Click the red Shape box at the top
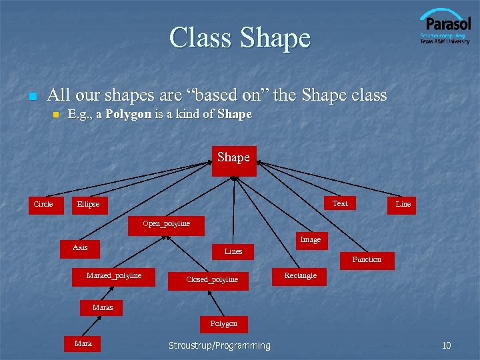(234, 160)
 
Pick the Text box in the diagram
(340, 204)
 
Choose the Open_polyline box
(167, 224)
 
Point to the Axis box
(80, 248)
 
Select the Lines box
(233, 252)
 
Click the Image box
(311, 240)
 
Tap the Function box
(367, 260)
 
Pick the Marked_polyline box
(114, 276)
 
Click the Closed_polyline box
(212, 280)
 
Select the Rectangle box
(301, 276)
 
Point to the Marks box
(103, 308)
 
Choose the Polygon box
(224, 324)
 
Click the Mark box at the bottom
(83, 344)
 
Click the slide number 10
(446, 345)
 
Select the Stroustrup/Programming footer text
(219, 345)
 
